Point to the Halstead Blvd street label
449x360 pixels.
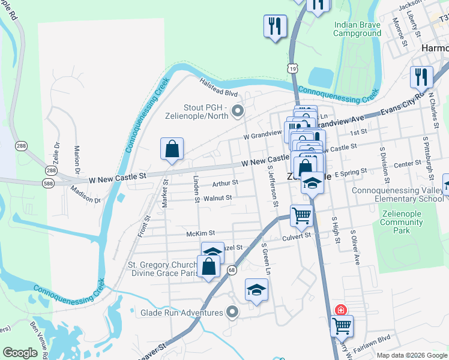219,92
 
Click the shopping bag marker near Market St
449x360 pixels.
172,149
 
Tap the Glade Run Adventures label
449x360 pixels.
181,313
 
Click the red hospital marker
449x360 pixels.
340,310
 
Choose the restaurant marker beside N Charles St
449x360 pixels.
421,78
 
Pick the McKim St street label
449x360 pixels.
200,233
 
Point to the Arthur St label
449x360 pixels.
225,182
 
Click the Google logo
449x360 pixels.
20,353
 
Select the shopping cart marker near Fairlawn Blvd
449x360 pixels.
342,326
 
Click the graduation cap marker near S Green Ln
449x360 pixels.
256,290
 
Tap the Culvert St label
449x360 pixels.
297,236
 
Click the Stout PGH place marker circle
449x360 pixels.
238,110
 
